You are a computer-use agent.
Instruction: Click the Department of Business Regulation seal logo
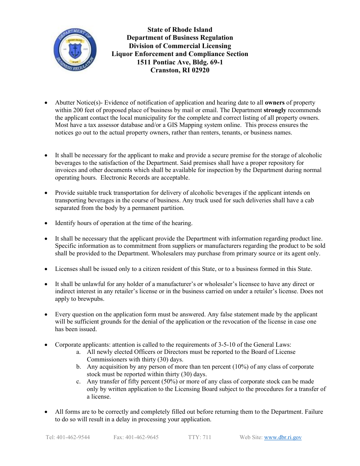tap(75, 50)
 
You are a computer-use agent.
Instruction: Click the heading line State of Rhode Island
tap(180, 30)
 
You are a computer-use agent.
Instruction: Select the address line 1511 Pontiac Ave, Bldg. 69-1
tap(180, 62)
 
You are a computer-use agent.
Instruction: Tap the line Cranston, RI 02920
tap(180, 70)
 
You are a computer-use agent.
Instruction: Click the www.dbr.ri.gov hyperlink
tap(283, 437)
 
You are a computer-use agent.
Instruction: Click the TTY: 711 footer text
tap(199, 437)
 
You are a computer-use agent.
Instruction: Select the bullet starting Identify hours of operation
tap(124, 223)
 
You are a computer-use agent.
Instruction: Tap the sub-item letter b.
tap(78, 367)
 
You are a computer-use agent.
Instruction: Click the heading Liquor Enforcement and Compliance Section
tap(180, 54)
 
